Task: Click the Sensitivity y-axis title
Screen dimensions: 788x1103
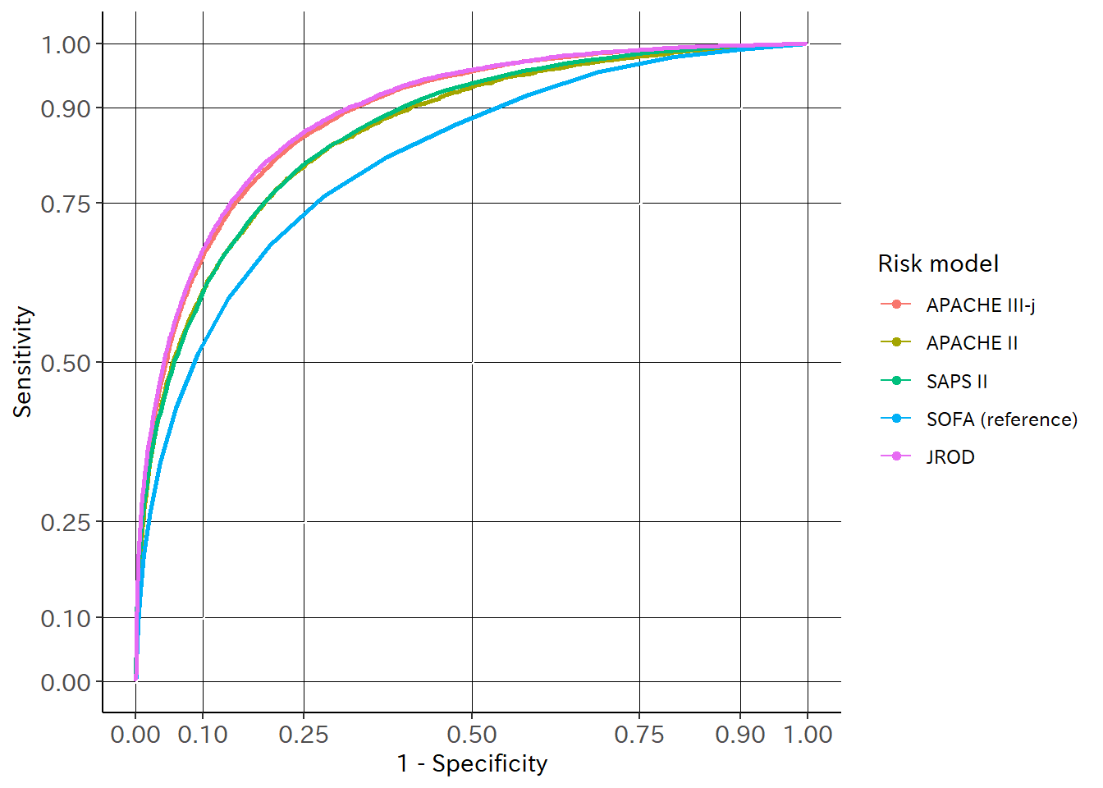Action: (x=23, y=362)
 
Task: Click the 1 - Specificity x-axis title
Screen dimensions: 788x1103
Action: (x=472, y=763)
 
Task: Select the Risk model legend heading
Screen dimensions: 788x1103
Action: (x=938, y=263)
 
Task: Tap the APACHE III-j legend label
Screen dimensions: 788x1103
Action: (x=981, y=305)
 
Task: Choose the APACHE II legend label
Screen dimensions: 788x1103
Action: (x=972, y=343)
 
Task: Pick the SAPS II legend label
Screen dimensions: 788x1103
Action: (x=957, y=382)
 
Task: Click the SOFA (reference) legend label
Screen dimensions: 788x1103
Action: (x=1001, y=419)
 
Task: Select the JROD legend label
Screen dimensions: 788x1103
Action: (x=950, y=457)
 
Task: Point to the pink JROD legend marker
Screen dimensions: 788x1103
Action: (x=896, y=456)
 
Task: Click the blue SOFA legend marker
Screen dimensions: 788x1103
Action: (x=896, y=419)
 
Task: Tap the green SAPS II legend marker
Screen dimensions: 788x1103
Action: (x=896, y=381)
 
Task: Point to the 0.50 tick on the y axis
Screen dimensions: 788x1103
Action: (x=66, y=363)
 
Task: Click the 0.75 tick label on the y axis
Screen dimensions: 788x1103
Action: (x=66, y=204)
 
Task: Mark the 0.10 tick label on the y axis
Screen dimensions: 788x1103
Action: (x=66, y=618)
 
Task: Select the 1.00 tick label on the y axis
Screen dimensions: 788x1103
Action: (x=66, y=44)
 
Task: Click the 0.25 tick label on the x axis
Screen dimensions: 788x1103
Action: (x=304, y=734)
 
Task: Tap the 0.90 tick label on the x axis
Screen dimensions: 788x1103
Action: (x=740, y=734)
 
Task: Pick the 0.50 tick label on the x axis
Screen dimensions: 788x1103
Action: (x=472, y=734)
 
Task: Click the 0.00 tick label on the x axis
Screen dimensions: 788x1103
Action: (x=135, y=734)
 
